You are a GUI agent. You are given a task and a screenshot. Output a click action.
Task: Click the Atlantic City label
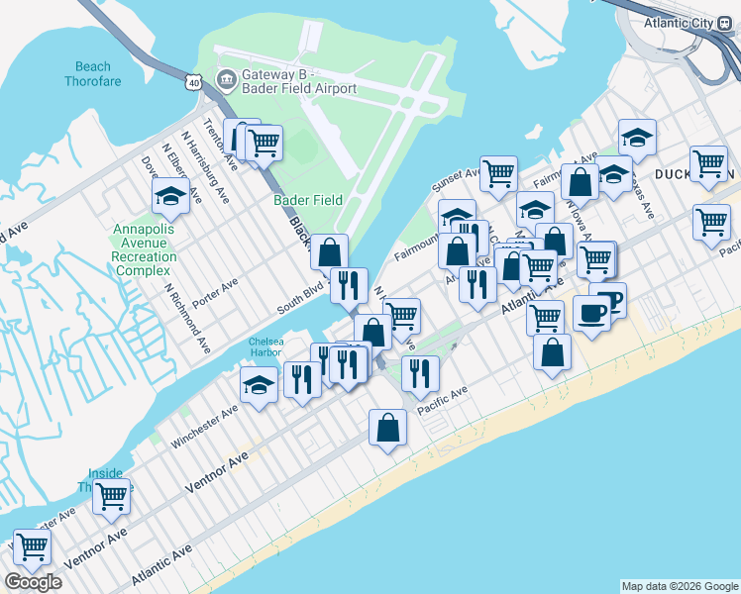(677, 23)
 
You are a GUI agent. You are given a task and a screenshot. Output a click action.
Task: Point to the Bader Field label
(308, 200)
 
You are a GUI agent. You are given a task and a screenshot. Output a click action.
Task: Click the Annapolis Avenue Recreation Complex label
(145, 249)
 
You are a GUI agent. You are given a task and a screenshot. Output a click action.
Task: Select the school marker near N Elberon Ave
(170, 197)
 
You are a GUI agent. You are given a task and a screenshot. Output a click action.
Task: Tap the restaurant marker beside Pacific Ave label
(421, 372)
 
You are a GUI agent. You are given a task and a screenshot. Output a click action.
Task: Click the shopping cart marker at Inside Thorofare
(112, 496)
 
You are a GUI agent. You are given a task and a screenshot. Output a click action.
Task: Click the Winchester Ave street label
(204, 425)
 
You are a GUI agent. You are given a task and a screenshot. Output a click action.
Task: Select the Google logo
(33, 582)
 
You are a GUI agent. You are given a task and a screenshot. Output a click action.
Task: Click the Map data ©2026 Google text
(679, 586)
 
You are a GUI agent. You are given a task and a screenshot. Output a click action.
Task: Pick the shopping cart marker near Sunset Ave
(498, 174)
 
